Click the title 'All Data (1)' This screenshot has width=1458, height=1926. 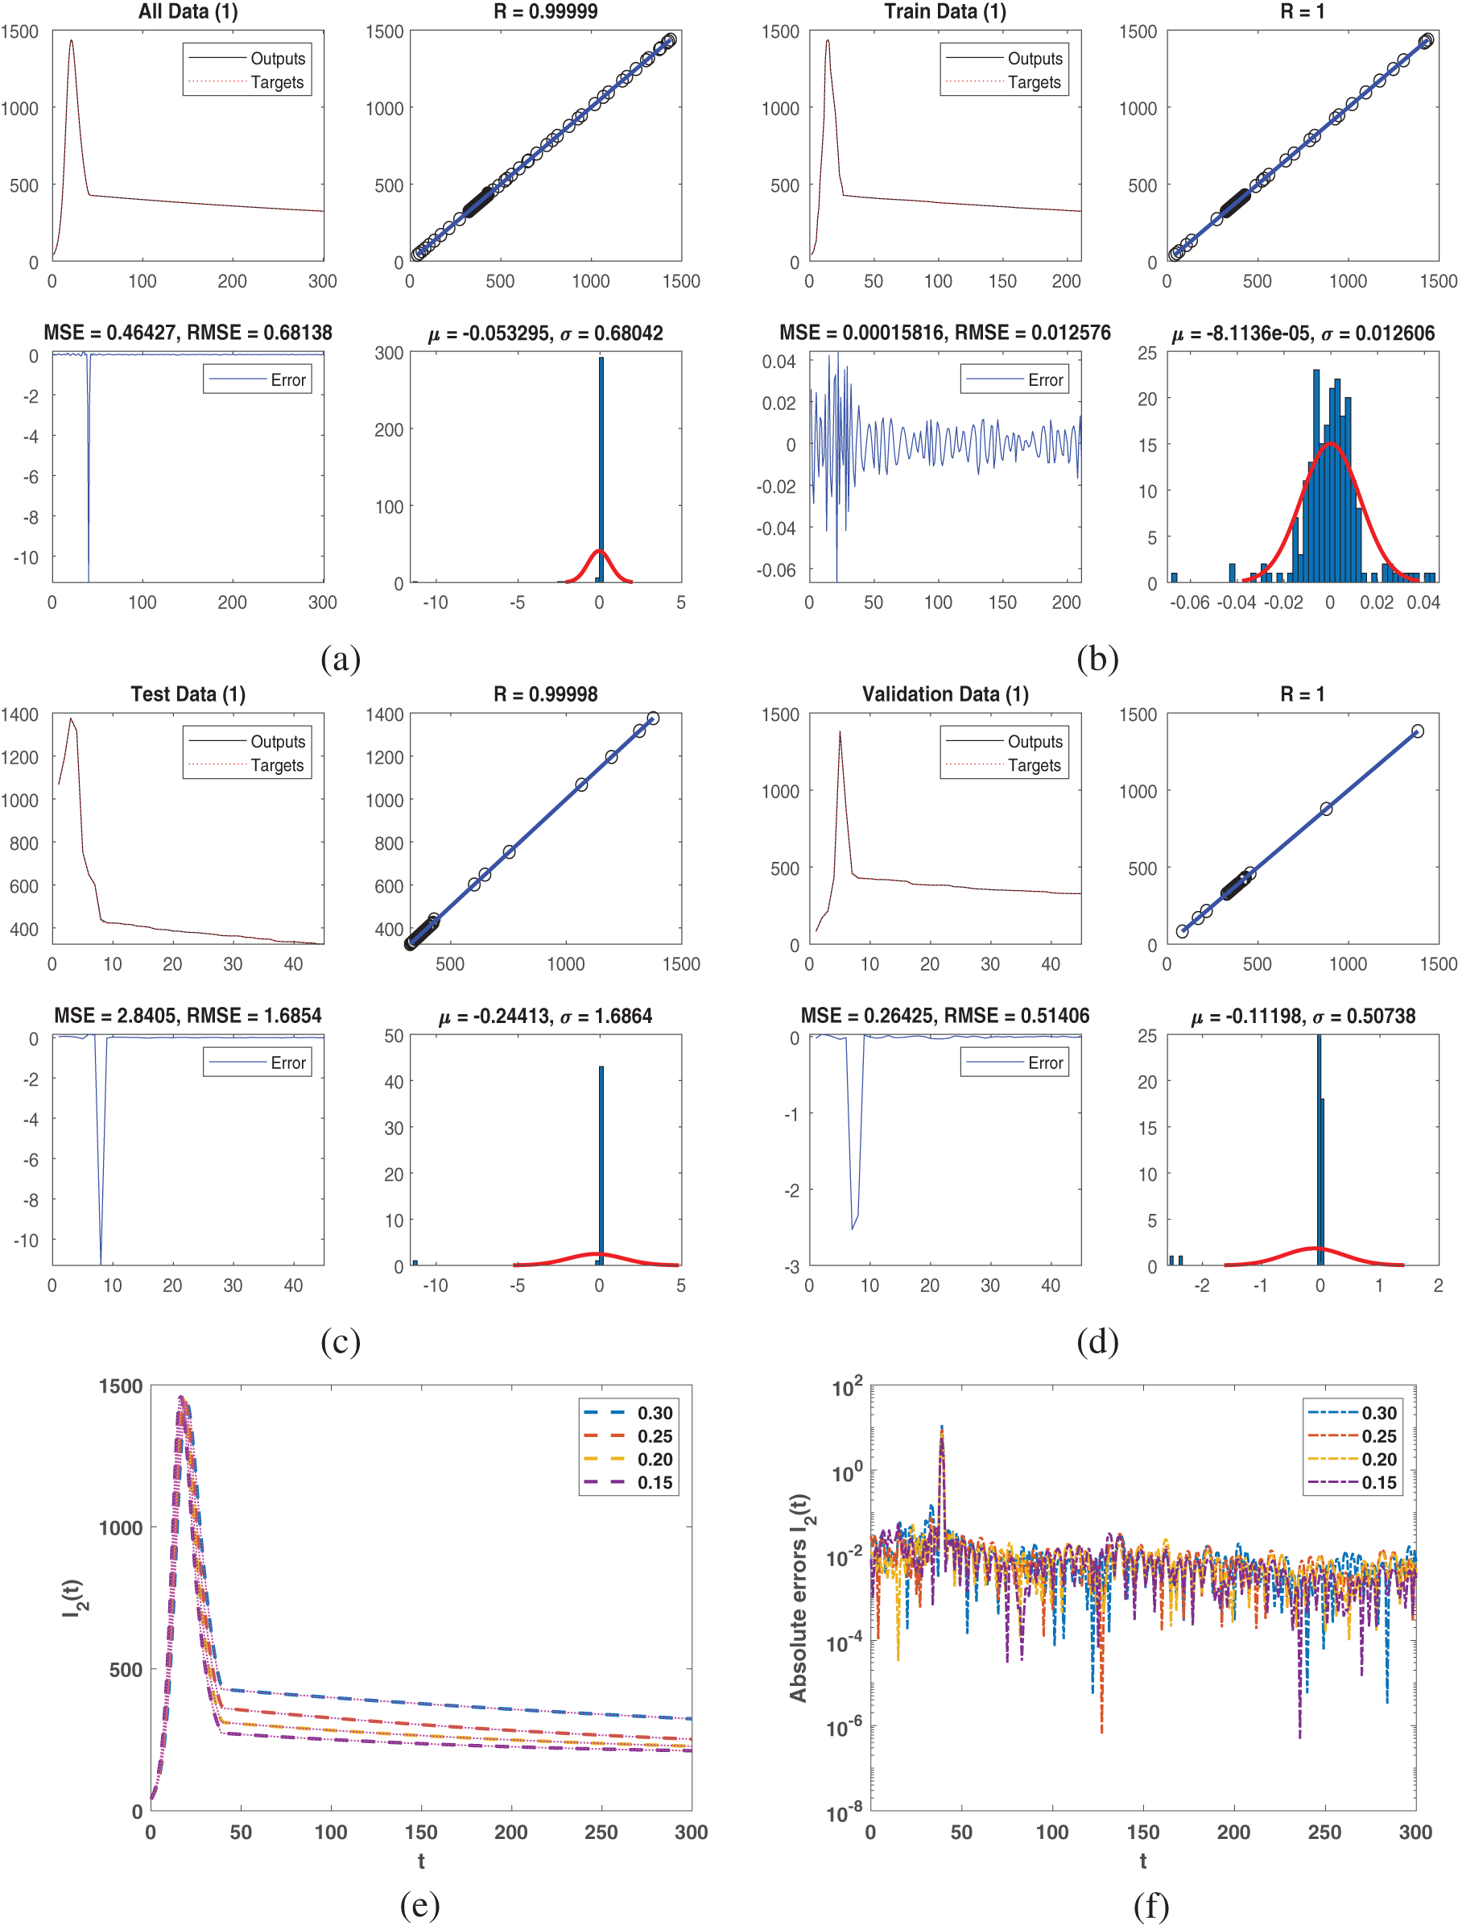point(188,11)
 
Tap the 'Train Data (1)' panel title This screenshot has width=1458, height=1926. point(944,11)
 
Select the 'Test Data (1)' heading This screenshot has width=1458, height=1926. point(188,694)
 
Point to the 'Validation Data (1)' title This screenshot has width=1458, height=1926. point(944,694)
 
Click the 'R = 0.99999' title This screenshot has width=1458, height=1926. point(545,11)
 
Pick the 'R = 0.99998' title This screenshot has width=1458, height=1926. point(545,694)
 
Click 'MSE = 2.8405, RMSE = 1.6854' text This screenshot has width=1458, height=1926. point(188,1015)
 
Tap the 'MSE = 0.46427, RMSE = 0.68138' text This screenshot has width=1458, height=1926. point(188,333)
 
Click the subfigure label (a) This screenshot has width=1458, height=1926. point(341,659)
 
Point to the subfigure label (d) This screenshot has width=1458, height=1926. point(1097,1342)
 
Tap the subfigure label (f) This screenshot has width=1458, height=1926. point(1150,1907)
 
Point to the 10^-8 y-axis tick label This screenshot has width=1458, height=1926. point(845,1812)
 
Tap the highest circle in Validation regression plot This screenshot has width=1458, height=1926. point(1417,731)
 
